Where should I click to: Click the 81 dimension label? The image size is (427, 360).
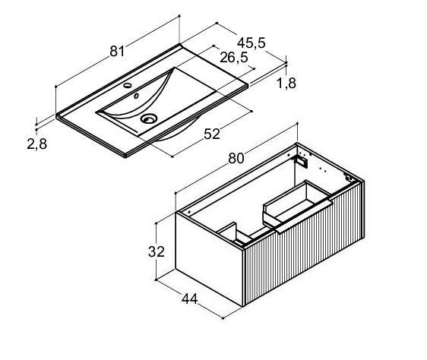[117, 51]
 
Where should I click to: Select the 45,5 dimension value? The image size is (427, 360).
[251, 43]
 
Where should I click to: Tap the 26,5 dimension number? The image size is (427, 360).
[234, 57]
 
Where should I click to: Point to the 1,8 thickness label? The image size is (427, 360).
[286, 83]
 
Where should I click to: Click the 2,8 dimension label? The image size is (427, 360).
[37, 144]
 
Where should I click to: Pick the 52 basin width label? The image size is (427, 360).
[212, 134]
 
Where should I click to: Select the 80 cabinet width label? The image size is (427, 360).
[236, 158]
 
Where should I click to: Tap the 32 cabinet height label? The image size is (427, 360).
[157, 251]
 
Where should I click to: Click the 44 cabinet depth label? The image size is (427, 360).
[190, 299]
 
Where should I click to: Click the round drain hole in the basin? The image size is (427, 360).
[149, 118]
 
